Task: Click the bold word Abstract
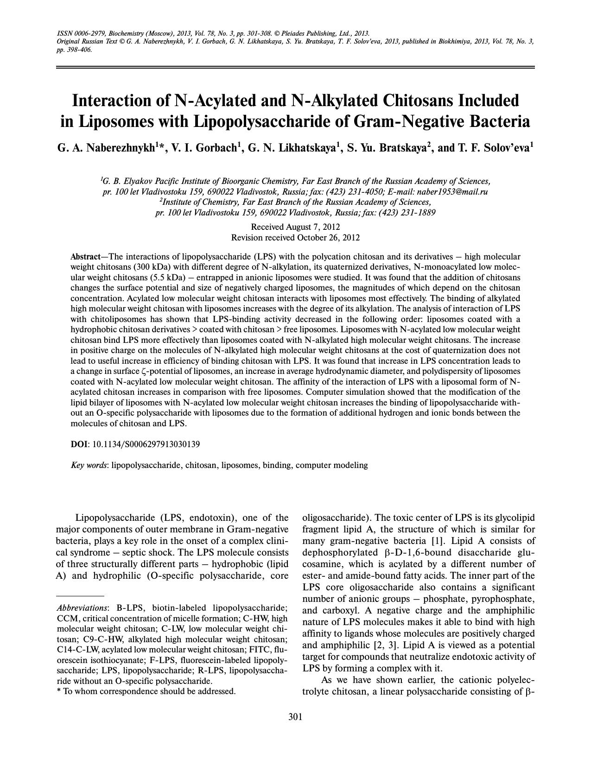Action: (x=85, y=257)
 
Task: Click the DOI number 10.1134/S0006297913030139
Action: (x=146, y=444)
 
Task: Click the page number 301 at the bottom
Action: (x=295, y=717)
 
